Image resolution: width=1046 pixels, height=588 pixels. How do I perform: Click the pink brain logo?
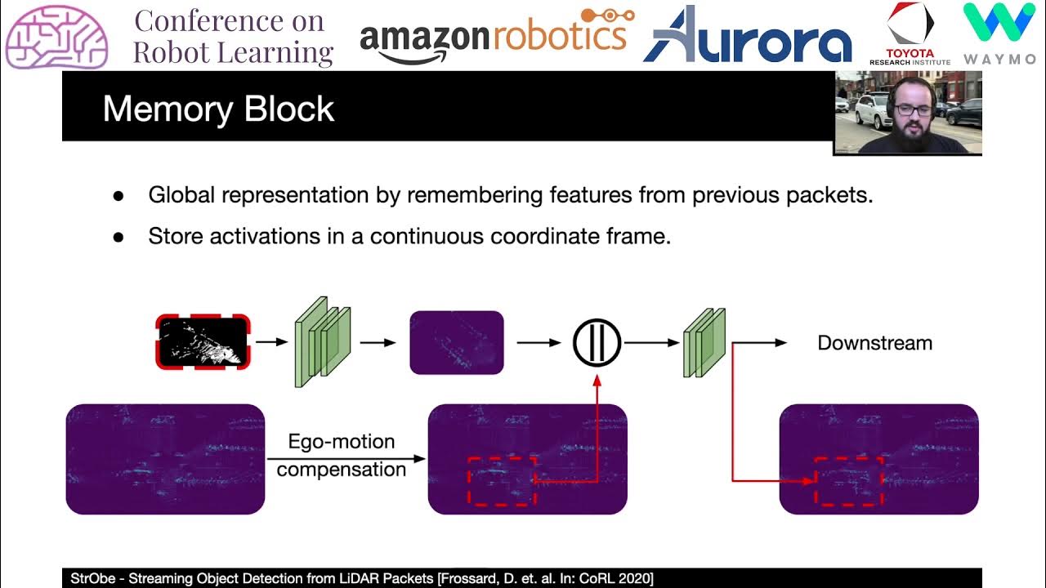[x=56, y=36]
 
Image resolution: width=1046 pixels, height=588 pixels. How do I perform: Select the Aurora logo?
[x=747, y=36]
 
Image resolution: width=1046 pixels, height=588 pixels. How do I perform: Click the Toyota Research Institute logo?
[x=910, y=33]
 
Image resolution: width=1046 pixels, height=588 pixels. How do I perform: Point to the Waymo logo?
[x=999, y=33]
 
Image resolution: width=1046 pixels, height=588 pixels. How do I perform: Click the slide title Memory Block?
[x=218, y=109]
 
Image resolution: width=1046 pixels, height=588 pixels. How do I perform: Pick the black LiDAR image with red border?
[x=203, y=342]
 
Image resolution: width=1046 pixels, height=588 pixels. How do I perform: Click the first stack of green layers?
[x=322, y=341]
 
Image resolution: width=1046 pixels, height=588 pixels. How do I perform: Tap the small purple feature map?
[x=456, y=343]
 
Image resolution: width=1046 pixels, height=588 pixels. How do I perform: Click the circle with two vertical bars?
[x=597, y=343]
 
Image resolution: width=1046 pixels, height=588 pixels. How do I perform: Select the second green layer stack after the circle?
[x=704, y=342]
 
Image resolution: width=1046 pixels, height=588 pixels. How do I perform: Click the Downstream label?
[x=874, y=343]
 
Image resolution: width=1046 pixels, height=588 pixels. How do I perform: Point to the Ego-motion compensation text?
[x=341, y=456]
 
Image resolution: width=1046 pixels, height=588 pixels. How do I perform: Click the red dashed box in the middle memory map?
[x=501, y=481]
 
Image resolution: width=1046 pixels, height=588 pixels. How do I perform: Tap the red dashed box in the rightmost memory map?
[x=849, y=481]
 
